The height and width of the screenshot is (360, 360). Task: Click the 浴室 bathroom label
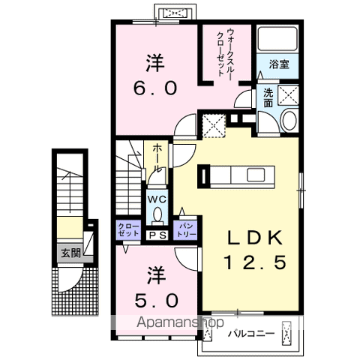click(x=278, y=64)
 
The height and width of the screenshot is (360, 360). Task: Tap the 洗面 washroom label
click(x=268, y=97)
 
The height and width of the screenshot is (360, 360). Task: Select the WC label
click(x=157, y=199)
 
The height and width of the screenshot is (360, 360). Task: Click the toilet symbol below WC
click(x=157, y=214)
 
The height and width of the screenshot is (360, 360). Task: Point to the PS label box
click(x=157, y=235)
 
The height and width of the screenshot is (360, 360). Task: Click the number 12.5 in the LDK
click(x=255, y=263)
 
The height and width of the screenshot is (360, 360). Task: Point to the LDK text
click(x=255, y=238)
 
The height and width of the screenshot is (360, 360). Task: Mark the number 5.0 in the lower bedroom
click(x=155, y=301)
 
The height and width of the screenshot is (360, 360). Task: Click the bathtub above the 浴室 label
click(x=278, y=40)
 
